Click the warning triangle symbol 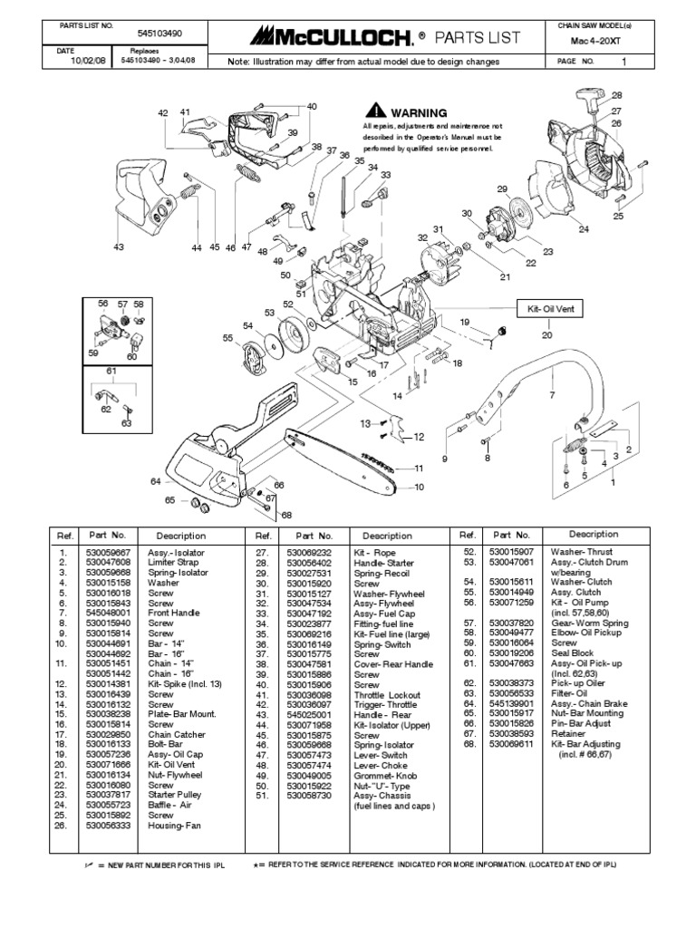(x=370, y=111)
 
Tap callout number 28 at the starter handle (x=617, y=95)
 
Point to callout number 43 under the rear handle (x=118, y=246)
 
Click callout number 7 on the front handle (x=551, y=396)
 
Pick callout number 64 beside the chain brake (x=155, y=481)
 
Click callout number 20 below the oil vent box (x=546, y=335)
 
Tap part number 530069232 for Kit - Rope (x=310, y=552)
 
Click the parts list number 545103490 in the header (x=160, y=33)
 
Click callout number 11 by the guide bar (x=419, y=469)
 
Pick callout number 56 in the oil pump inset (x=102, y=304)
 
